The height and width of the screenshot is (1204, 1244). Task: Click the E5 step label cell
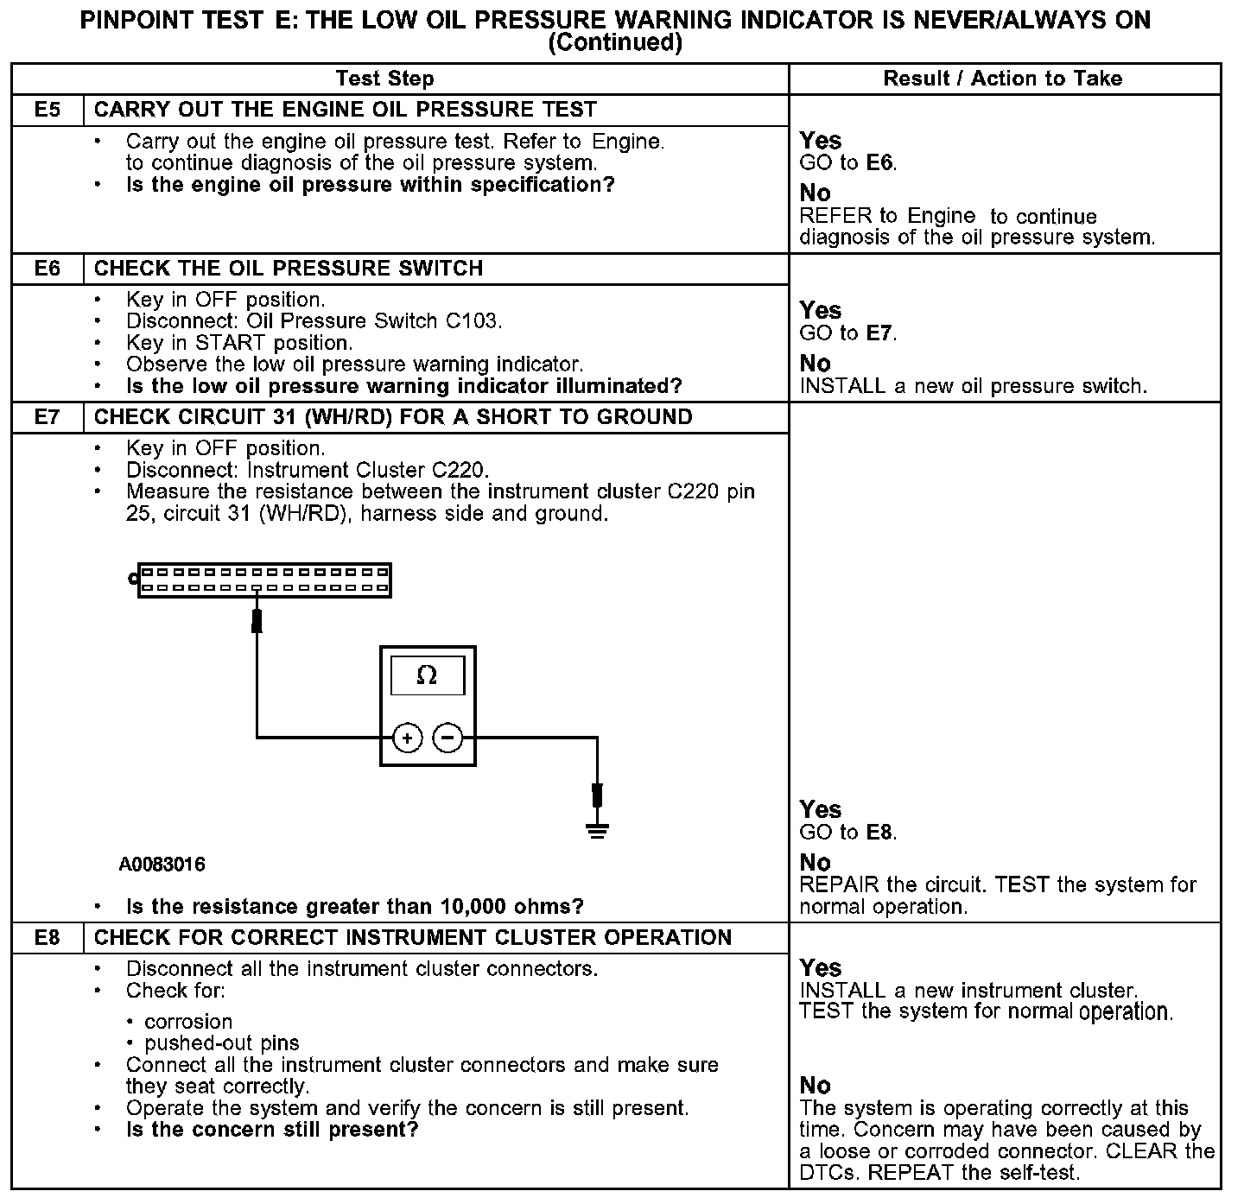[48, 110]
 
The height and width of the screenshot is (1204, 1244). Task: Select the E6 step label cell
[48, 269]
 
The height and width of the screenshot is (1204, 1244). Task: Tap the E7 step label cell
[48, 417]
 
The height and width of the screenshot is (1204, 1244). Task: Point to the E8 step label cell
[48, 938]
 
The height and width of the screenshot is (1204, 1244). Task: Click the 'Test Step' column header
[384, 79]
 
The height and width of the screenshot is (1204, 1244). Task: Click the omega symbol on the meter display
[427, 675]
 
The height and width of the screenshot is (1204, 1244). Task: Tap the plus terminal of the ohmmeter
[407, 738]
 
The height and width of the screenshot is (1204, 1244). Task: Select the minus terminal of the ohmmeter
[447, 738]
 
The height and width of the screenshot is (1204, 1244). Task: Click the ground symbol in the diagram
[597, 830]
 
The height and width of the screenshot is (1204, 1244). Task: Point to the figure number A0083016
[162, 865]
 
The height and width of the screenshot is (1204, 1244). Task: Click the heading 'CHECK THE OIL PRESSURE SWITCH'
[289, 269]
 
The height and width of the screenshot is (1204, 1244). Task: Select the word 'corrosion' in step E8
[188, 1022]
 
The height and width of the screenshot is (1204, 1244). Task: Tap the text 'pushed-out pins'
[222, 1043]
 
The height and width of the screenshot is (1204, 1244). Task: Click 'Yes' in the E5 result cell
[820, 141]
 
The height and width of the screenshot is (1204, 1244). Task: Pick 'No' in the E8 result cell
[815, 1086]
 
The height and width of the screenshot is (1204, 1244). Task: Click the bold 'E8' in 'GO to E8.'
[879, 833]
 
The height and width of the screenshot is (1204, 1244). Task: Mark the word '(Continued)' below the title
[615, 42]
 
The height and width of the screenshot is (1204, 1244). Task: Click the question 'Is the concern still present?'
[272, 1130]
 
